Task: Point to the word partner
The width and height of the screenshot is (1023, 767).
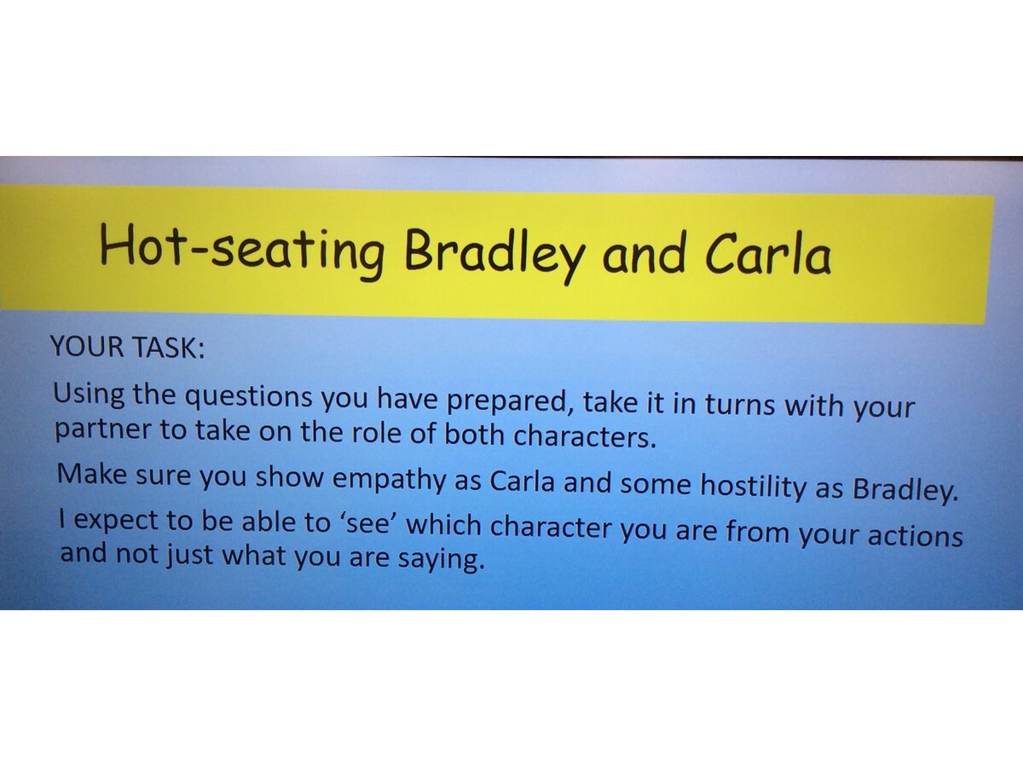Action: click(x=103, y=430)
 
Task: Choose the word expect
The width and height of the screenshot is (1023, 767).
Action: click(x=117, y=520)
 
